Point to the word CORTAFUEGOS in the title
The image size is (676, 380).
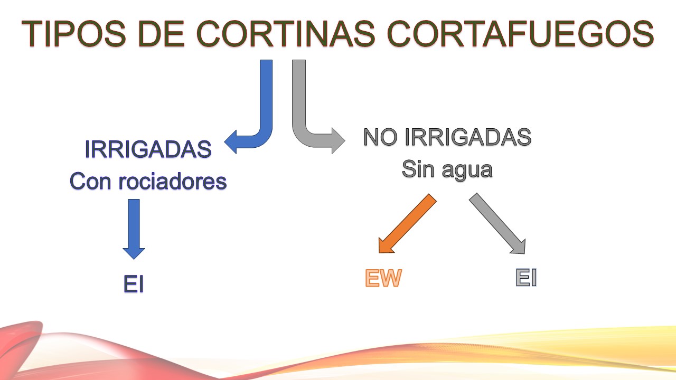click(x=520, y=34)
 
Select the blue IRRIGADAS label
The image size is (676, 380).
click(x=148, y=150)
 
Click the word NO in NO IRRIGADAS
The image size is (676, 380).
click(x=381, y=138)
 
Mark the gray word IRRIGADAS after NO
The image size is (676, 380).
click(x=468, y=138)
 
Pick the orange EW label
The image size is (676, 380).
click(x=383, y=279)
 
